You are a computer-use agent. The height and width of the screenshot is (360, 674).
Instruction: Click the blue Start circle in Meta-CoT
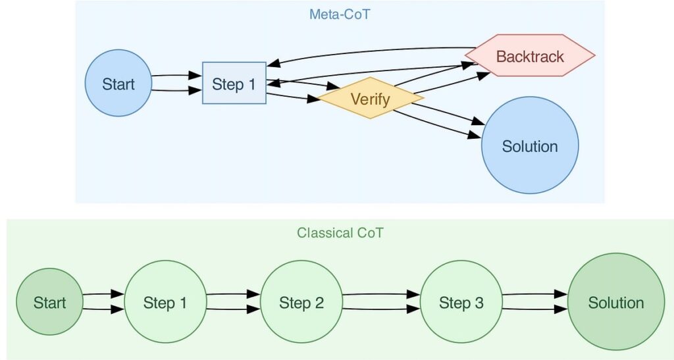click(x=118, y=83)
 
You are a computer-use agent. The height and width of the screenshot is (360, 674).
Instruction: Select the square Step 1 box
click(x=234, y=83)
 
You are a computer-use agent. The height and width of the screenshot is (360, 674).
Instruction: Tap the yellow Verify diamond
click(x=371, y=98)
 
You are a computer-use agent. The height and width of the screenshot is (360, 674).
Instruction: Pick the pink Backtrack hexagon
click(x=530, y=55)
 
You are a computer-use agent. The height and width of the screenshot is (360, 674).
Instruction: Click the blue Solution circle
click(x=530, y=145)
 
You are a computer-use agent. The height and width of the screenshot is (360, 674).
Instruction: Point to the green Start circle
click(x=49, y=301)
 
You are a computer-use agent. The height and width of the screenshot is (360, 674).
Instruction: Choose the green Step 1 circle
click(x=165, y=301)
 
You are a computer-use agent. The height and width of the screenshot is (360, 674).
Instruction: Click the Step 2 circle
click(x=301, y=301)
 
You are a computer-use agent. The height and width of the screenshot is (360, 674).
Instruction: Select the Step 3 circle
click(x=461, y=301)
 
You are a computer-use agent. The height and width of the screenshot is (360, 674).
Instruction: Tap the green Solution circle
click(x=616, y=301)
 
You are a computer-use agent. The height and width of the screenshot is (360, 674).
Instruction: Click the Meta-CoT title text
click(x=340, y=14)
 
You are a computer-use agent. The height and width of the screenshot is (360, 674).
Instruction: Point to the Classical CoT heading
click(x=340, y=232)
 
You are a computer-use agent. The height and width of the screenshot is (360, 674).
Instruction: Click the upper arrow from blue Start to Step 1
click(x=176, y=76)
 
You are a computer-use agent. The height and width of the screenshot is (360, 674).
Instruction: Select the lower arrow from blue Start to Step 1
click(x=176, y=90)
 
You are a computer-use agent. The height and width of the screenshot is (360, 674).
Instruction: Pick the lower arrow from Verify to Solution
click(x=436, y=124)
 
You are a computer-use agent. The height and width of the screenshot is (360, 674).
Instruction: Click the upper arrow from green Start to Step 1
click(x=103, y=294)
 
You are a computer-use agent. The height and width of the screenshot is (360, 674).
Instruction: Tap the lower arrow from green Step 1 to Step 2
click(x=234, y=309)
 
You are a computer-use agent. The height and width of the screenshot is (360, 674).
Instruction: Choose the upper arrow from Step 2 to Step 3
click(x=381, y=294)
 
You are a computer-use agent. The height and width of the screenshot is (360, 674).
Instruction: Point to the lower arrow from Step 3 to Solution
click(x=534, y=309)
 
